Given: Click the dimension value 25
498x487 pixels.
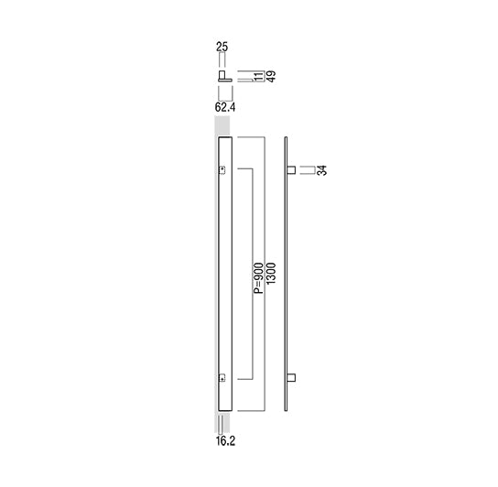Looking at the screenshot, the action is click(222, 47).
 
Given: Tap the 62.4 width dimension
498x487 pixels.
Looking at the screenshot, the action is click(225, 107).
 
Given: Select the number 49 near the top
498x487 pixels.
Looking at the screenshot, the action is click(271, 77).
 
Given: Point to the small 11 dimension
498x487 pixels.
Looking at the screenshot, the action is click(259, 77).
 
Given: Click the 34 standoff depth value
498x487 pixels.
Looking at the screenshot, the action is click(322, 170).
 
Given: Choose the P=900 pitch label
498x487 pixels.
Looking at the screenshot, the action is click(259, 278).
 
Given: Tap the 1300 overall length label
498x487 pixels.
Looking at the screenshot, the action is click(271, 274).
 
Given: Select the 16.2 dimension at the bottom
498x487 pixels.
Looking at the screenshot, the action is click(225, 441).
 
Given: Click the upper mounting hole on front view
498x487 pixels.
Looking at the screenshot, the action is click(222, 170).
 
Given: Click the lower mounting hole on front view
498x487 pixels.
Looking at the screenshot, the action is click(222, 378).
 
